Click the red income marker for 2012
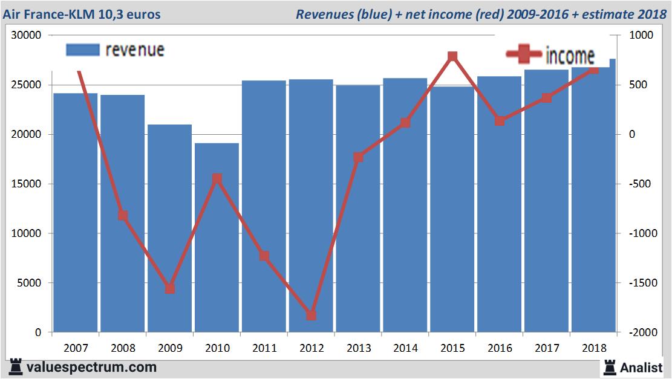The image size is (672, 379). pyautogui.click(x=311, y=315)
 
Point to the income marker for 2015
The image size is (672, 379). pyautogui.click(x=452, y=57)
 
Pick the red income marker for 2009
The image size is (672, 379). pyautogui.click(x=170, y=288)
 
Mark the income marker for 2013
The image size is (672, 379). pyautogui.click(x=358, y=157)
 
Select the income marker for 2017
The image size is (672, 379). pyautogui.click(x=547, y=98)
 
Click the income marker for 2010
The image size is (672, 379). pyautogui.click(x=217, y=178)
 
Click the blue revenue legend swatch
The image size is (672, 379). pyautogui.click(x=82, y=50)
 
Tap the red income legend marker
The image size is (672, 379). pyautogui.click(x=524, y=54)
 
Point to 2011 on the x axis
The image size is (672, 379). pyautogui.click(x=264, y=349)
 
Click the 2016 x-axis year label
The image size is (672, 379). pyautogui.click(x=500, y=349)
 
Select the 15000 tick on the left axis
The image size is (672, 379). pyautogui.click(x=28, y=184)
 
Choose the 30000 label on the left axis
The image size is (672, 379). pyautogui.click(x=28, y=36)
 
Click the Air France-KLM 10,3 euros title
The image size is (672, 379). pyautogui.click(x=82, y=14)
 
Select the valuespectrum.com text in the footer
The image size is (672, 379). pyautogui.click(x=91, y=367)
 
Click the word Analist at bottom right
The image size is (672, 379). pyautogui.click(x=641, y=367)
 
